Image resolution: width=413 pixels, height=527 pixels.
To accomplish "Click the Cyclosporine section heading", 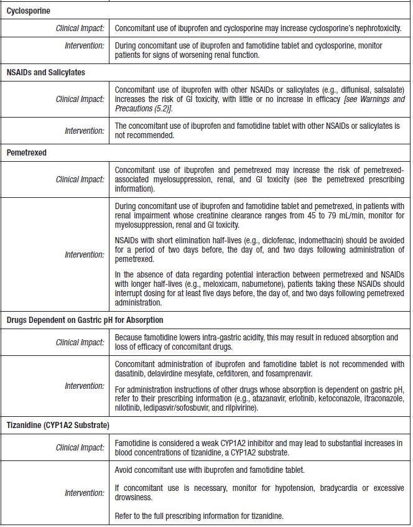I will [x=29, y=11].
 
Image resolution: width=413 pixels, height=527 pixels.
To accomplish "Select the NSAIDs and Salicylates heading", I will [x=46, y=72].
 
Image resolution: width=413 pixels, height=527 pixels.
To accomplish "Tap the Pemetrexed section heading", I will [x=27, y=152].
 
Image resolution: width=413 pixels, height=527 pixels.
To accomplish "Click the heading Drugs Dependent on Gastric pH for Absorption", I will [x=85, y=320].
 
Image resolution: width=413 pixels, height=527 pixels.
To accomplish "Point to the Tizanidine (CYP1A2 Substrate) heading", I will [x=58, y=425].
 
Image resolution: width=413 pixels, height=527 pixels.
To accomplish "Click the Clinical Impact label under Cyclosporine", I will [x=80, y=29].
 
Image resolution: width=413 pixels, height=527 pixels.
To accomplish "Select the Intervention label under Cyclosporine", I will [x=85, y=46].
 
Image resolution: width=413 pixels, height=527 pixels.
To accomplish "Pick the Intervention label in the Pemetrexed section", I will [x=85, y=254].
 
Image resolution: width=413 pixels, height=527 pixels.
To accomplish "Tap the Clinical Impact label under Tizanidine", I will [x=80, y=447].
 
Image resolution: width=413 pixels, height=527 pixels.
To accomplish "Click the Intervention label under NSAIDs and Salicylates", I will [x=85, y=131].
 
